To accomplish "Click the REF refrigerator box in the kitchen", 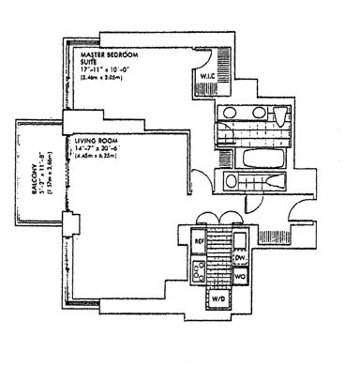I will [199, 240].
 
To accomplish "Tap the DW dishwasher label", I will [239, 257].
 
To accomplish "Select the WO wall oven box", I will [239, 277].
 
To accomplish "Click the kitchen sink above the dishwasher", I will [239, 238].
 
